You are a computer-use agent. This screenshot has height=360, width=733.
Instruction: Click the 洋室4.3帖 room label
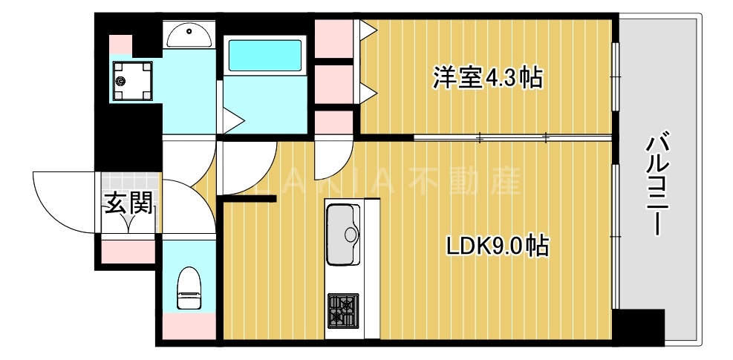487,76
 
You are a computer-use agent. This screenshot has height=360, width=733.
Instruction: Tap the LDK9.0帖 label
497,246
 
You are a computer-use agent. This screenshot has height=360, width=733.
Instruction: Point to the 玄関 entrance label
128,203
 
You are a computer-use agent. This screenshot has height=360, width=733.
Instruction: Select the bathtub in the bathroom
264,55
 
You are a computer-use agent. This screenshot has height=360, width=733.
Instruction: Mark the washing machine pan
131,79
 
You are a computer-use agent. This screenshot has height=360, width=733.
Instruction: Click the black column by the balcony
639,327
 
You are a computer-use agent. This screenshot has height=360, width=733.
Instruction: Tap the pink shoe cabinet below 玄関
127,249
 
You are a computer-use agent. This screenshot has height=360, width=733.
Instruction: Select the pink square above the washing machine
121,44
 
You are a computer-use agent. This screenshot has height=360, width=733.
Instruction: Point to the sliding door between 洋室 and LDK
512,137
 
